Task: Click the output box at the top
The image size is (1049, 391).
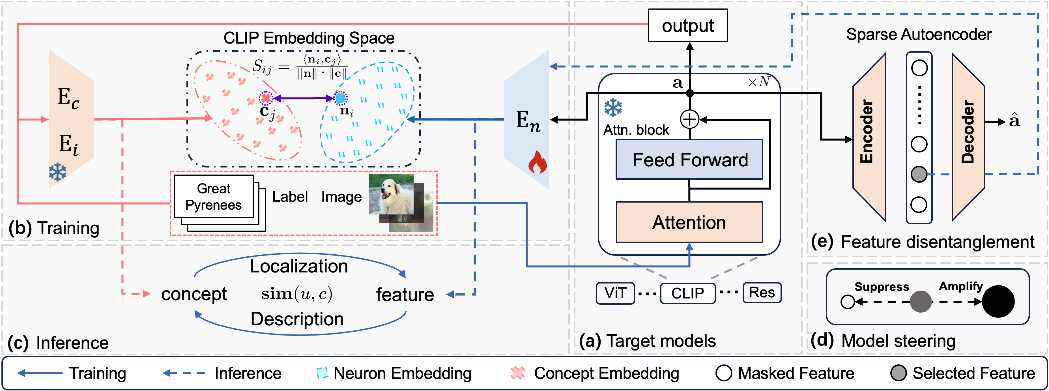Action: coord(687,26)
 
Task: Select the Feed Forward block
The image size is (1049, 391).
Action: coord(689,159)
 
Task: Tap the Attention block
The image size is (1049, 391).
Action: coord(689,222)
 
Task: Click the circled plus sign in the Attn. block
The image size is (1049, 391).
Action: coord(689,119)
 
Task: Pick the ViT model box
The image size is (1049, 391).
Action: coord(615,293)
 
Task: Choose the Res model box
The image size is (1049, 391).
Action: coord(762,293)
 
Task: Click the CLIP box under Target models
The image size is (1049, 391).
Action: coord(687,293)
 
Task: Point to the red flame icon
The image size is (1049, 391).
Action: coord(537,162)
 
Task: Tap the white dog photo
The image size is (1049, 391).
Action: coord(391,194)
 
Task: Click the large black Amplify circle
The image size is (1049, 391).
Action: coord(998,301)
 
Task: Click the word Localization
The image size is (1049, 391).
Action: coord(298,266)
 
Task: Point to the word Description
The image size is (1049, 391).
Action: coord(297,319)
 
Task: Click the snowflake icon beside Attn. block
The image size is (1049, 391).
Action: coord(613,108)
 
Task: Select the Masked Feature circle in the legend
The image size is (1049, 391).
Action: coord(724,373)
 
